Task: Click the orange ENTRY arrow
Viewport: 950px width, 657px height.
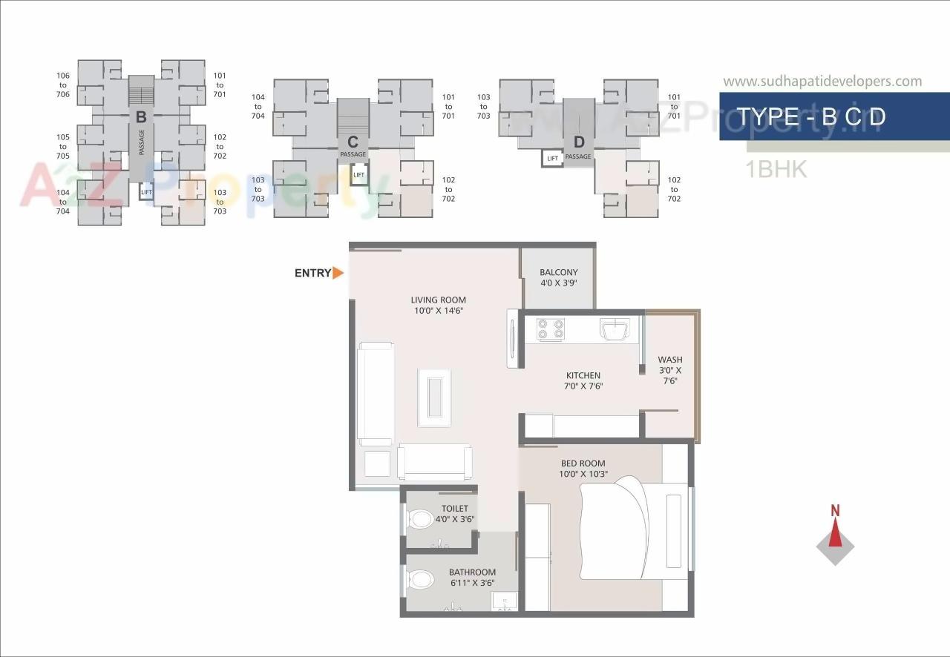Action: coord(338,273)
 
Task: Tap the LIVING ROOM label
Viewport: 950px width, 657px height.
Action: coord(439,300)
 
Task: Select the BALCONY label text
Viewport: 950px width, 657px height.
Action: coord(558,273)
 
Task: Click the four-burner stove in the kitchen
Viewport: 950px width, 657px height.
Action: coord(550,329)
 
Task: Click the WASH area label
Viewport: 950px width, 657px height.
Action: coord(669,360)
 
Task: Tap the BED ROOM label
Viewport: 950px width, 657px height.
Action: coord(583,463)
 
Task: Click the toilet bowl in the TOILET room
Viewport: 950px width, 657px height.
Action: coord(421,518)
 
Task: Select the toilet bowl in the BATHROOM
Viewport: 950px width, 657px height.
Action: coord(421,578)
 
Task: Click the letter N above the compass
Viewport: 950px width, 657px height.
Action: coord(835,510)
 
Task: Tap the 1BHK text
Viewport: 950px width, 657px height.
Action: coord(776,169)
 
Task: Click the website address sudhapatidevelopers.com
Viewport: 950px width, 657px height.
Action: coord(822,82)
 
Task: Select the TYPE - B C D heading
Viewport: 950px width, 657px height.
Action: coord(810,116)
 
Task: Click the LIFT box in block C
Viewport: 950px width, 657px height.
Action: coord(359,175)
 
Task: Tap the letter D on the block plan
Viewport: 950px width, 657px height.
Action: coord(579,142)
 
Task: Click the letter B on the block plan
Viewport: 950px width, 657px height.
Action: coord(140,116)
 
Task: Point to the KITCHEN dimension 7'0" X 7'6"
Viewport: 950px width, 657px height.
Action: coord(583,386)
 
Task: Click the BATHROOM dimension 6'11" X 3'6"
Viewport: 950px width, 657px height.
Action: coord(472,583)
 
